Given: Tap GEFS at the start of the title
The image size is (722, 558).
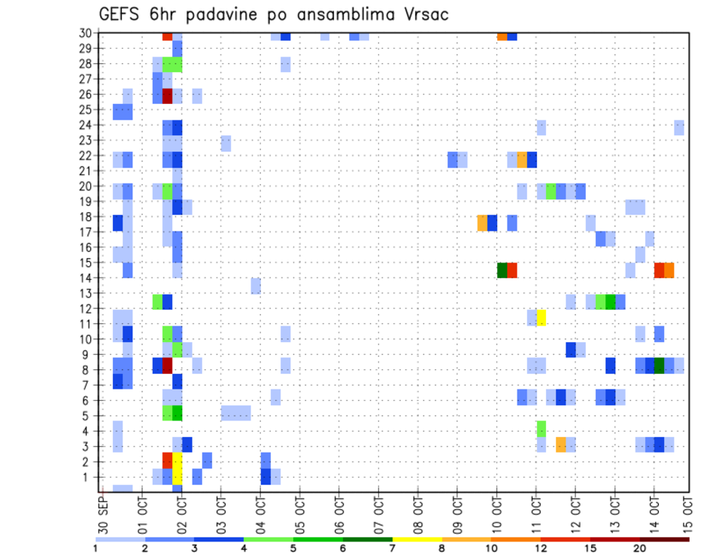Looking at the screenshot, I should tap(121, 14).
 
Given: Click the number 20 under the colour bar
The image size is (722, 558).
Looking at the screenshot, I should tap(639, 548).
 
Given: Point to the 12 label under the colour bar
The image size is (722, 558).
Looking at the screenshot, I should tap(540, 548).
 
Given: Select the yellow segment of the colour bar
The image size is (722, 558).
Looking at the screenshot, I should tap(417, 538).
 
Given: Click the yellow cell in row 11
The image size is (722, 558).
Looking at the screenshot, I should tap(541, 317).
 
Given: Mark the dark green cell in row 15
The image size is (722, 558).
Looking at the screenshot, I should tap(502, 270).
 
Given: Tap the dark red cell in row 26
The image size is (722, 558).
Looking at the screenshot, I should tap(168, 96).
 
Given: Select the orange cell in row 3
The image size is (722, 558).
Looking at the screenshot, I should tap(560, 444).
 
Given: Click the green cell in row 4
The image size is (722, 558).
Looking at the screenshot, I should tap(541, 429).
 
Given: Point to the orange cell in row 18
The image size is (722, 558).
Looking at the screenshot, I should tap(482, 223).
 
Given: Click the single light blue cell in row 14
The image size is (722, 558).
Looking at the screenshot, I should tap(256, 286).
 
